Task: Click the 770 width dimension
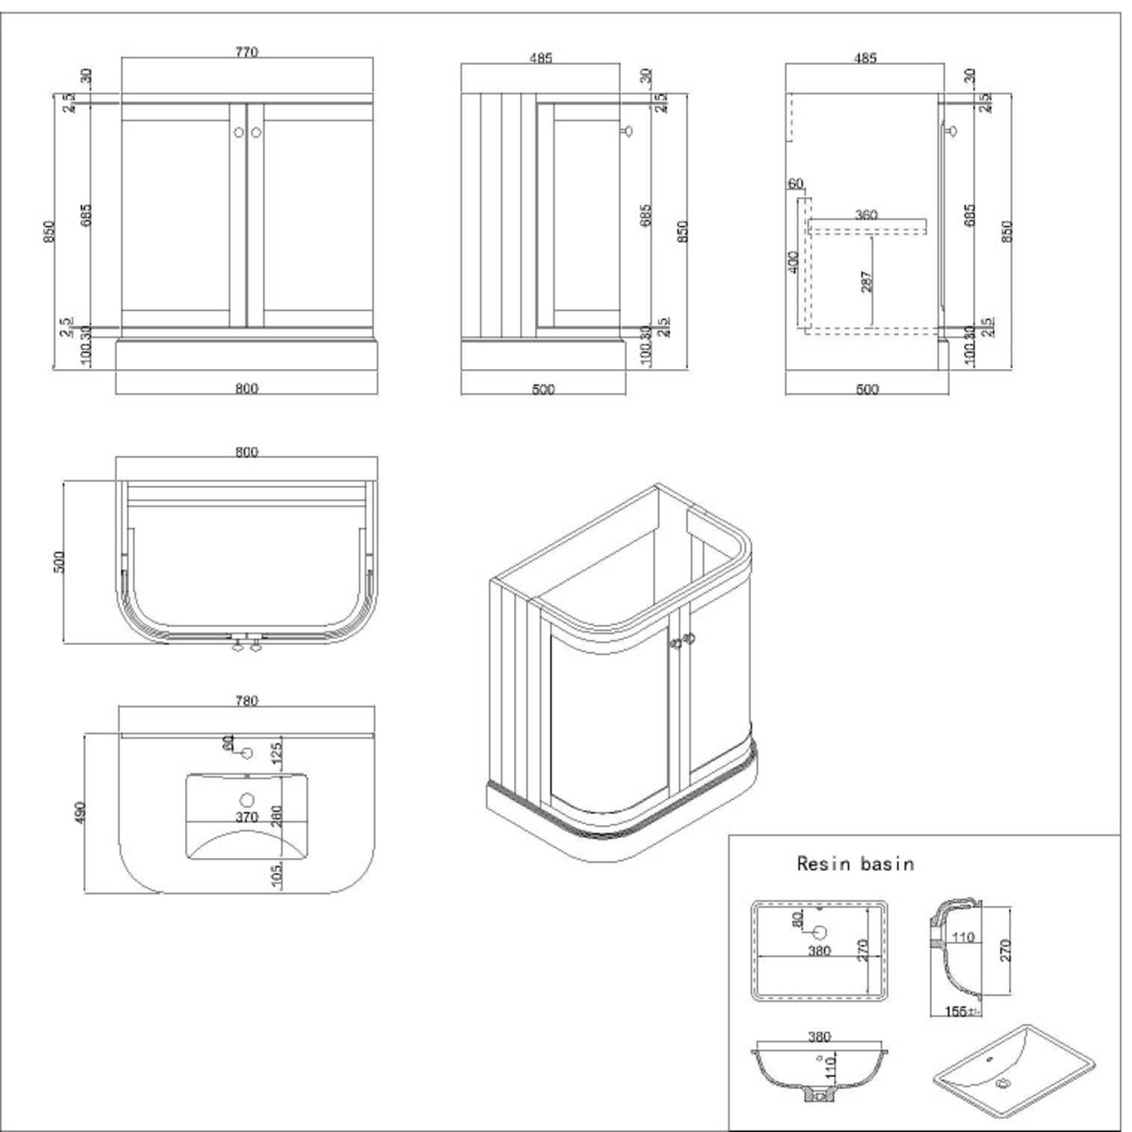pos(247,52)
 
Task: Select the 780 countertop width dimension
pos(247,700)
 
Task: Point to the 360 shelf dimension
pos(866,215)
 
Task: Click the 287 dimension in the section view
pos(866,281)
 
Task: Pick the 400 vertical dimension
pos(792,263)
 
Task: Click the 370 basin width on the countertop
pos(247,817)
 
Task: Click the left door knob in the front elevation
pos(239,132)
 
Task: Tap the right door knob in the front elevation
pos(256,132)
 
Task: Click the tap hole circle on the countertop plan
pos(246,753)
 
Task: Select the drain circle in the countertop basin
pos(247,800)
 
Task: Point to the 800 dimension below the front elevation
pos(247,389)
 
